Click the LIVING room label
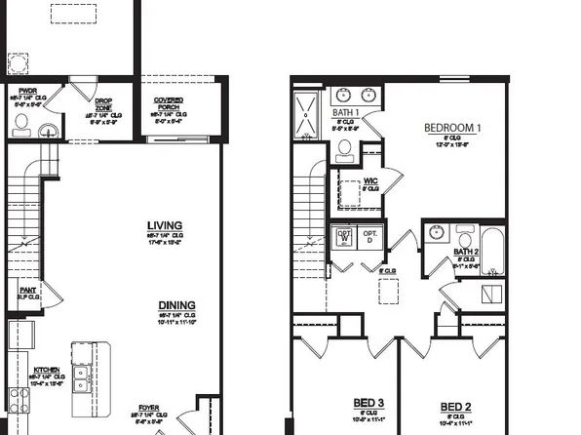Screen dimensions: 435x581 (x=164, y=225)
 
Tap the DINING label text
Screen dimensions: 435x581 (x=176, y=305)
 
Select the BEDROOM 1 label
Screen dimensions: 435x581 (x=452, y=128)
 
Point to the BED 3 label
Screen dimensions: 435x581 (x=368, y=403)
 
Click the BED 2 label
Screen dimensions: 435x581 (x=455, y=406)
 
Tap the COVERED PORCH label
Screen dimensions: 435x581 (x=175, y=103)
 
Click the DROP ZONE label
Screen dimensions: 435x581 (x=104, y=105)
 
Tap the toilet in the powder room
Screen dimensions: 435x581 (x=21, y=124)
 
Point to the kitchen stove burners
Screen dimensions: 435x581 (x=17, y=395)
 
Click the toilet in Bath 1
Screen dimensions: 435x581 (x=344, y=149)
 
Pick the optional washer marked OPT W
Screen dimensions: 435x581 (x=344, y=237)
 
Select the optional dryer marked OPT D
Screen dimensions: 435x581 (x=370, y=237)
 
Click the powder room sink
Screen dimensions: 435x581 (x=50, y=128)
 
